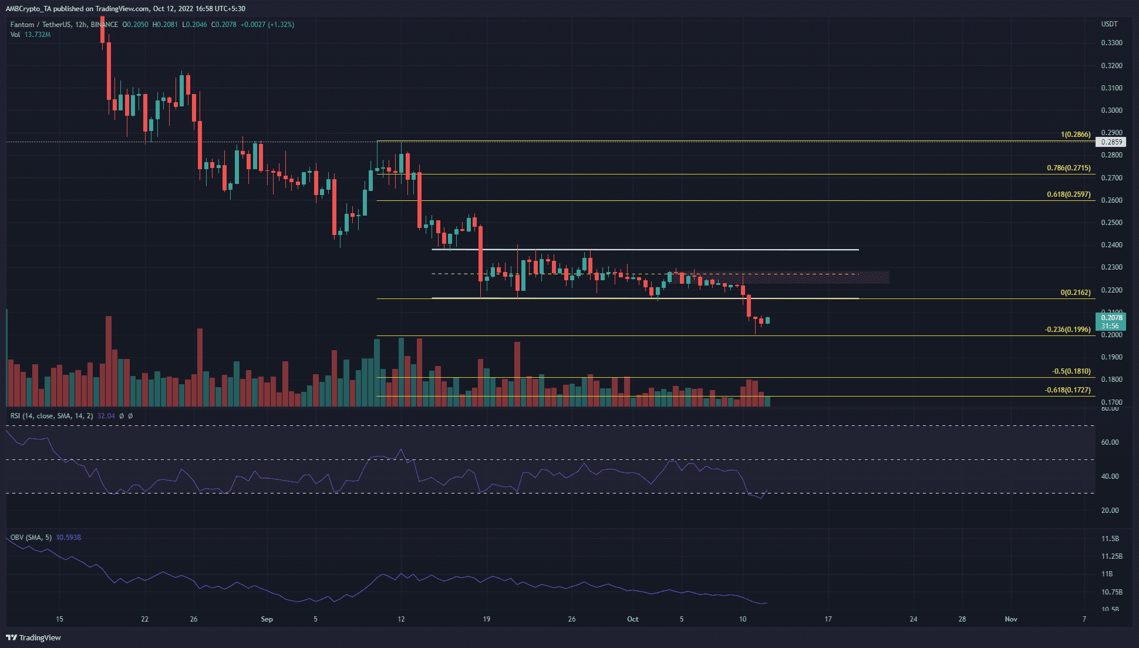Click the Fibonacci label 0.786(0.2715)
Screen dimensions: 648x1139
1069,168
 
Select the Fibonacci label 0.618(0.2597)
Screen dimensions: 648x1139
1069,194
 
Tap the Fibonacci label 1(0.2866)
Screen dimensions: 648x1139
1075,135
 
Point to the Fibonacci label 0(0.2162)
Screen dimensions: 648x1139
1075,293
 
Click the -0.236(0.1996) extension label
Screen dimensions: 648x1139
1068,330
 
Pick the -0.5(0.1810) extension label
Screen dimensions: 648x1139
1071,371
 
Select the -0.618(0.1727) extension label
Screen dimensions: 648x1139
1068,390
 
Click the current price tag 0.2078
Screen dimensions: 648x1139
1111,318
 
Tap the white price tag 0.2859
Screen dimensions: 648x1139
1111,142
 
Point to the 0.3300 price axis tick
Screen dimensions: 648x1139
1111,43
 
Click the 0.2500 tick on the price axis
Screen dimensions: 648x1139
1111,223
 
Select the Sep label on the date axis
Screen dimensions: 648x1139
267,619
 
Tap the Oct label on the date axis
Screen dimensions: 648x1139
632,619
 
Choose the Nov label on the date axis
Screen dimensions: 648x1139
1010,619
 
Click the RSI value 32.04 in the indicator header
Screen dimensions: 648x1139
106,416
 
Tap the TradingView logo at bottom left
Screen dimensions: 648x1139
33,637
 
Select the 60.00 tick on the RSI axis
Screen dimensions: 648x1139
1110,442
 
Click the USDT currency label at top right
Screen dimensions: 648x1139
1109,24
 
